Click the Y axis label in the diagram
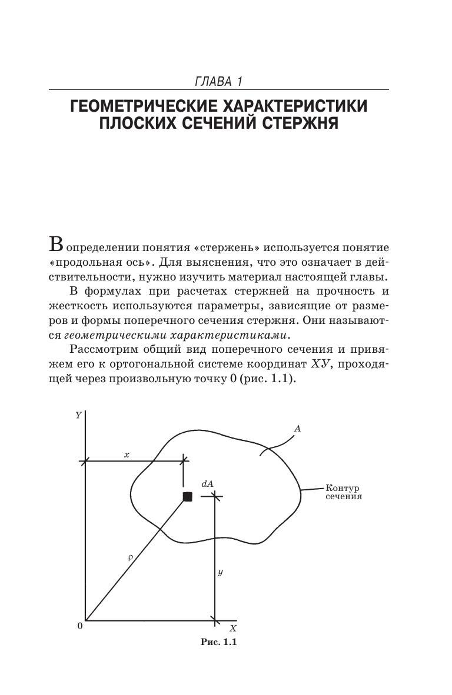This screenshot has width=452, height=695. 78,416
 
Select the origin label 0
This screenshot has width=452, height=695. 79,626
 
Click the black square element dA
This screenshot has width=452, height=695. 188,497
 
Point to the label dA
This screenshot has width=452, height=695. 207,483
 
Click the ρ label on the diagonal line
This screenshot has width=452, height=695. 130,556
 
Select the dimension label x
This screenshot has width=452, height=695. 126,455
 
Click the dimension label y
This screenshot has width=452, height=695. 220,572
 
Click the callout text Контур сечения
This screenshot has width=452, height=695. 343,492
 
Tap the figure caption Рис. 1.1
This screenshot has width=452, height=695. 218,641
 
